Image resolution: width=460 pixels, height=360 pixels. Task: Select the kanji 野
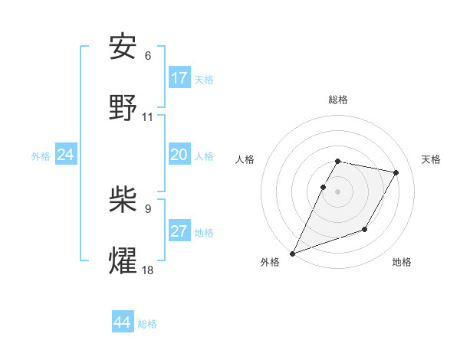[123, 108]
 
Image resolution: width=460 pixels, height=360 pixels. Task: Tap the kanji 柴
[123, 198]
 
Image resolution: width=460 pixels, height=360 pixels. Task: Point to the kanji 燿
[123, 260]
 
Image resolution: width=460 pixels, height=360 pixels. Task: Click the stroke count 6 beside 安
[148, 56]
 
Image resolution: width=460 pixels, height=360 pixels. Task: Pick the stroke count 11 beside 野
[148, 117]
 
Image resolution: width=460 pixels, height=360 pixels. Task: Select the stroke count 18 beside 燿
[148, 270]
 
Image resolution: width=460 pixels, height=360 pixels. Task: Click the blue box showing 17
[179, 78]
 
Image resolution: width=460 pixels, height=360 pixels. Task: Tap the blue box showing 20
[179, 155]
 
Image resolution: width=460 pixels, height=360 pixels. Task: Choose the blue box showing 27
[179, 231]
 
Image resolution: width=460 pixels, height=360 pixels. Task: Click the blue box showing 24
[66, 155]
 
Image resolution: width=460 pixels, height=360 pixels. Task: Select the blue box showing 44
[123, 322]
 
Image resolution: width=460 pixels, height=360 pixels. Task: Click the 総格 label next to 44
[147, 324]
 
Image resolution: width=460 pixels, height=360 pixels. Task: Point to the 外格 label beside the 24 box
[41, 155]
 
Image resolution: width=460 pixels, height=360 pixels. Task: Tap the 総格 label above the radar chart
[338, 100]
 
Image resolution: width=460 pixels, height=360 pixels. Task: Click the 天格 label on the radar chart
[431, 159]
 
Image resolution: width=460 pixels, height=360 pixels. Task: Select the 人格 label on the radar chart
[245, 159]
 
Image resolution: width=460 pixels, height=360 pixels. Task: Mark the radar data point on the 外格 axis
[292, 253]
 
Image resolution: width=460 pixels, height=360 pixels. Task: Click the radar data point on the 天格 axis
[396, 172]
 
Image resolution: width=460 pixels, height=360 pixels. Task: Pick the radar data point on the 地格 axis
[365, 229]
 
